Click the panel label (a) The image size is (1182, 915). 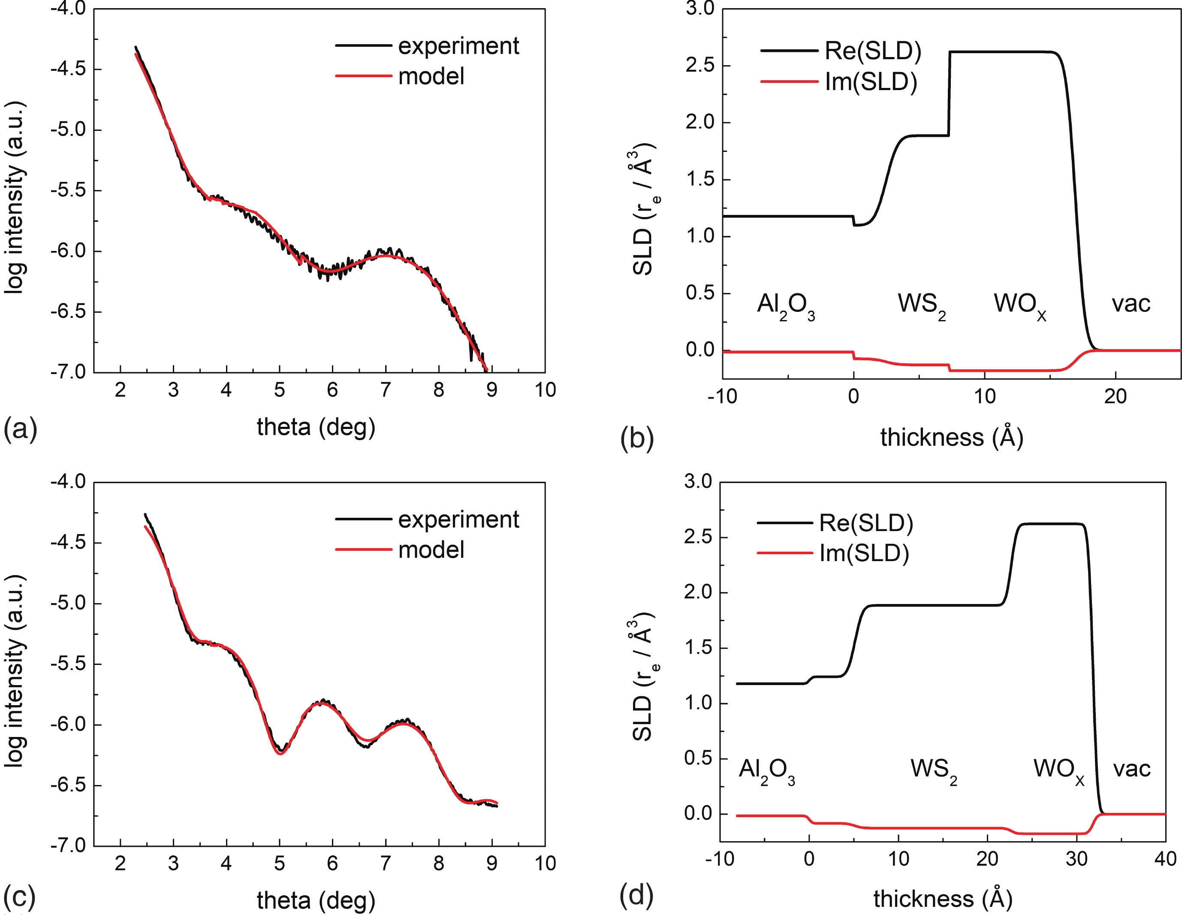(21, 429)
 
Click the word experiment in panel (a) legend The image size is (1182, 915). (458, 46)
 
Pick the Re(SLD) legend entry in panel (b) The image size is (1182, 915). (872, 51)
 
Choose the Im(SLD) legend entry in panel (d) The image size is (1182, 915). (864, 553)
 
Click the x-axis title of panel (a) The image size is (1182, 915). (316, 427)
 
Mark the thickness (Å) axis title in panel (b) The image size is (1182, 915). (951, 437)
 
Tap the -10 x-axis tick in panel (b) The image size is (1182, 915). (722, 397)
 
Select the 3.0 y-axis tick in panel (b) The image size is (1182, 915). (700, 9)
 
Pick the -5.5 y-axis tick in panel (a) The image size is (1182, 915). (68, 190)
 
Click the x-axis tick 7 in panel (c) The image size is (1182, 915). (385, 863)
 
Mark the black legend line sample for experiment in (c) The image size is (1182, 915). (363, 519)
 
